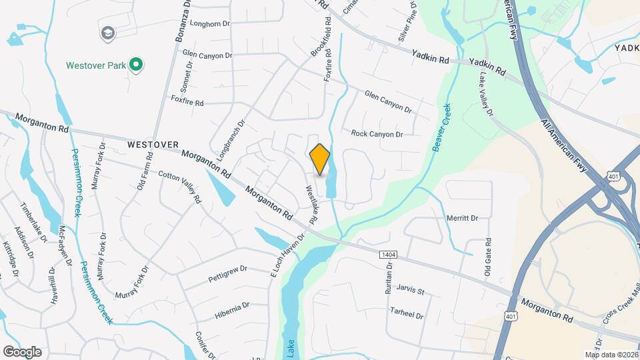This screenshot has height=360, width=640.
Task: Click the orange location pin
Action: coord(320,159)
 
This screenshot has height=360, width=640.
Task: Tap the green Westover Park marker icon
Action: coord(136,65)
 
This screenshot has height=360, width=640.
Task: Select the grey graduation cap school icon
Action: coord(107,33)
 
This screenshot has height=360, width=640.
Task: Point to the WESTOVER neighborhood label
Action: coord(154,144)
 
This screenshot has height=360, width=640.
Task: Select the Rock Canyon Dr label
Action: coord(377,134)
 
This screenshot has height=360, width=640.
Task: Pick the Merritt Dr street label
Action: coord(463,218)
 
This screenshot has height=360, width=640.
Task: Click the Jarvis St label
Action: coord(410,291)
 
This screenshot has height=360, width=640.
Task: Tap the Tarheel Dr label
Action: coord(407,313)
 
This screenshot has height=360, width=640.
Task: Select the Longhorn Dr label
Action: coord(209,23)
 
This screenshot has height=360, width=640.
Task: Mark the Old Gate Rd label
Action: coord(488,257)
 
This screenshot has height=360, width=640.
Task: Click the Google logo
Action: coord(22,351)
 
